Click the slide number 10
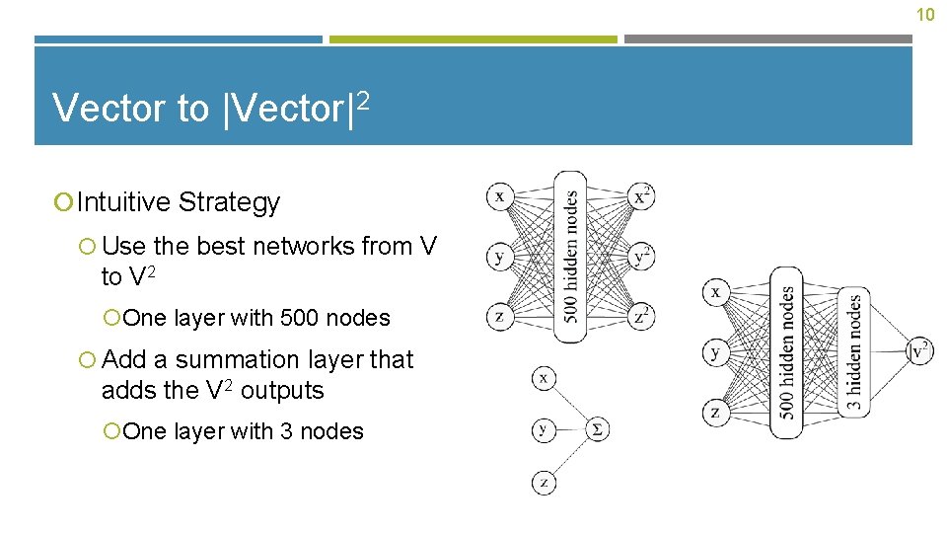click(x=924, y=15)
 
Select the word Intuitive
click(x=123, y=202)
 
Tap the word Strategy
click(x=229, y=202)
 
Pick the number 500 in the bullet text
click(x=306, y=318)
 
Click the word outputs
click(x=282, y=391)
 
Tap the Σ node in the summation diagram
click(x=598, y=428)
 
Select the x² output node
click(x=641, y=196)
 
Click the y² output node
click(x=641, y=257)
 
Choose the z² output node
click(x=641, y=316)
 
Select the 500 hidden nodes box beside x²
click(x=570, y=257)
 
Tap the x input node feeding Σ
click(x=544, y=377)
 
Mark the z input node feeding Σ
click(x=544, y=483)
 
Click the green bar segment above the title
click(x=473, y=39)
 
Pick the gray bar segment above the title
click(x=768, y=39)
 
